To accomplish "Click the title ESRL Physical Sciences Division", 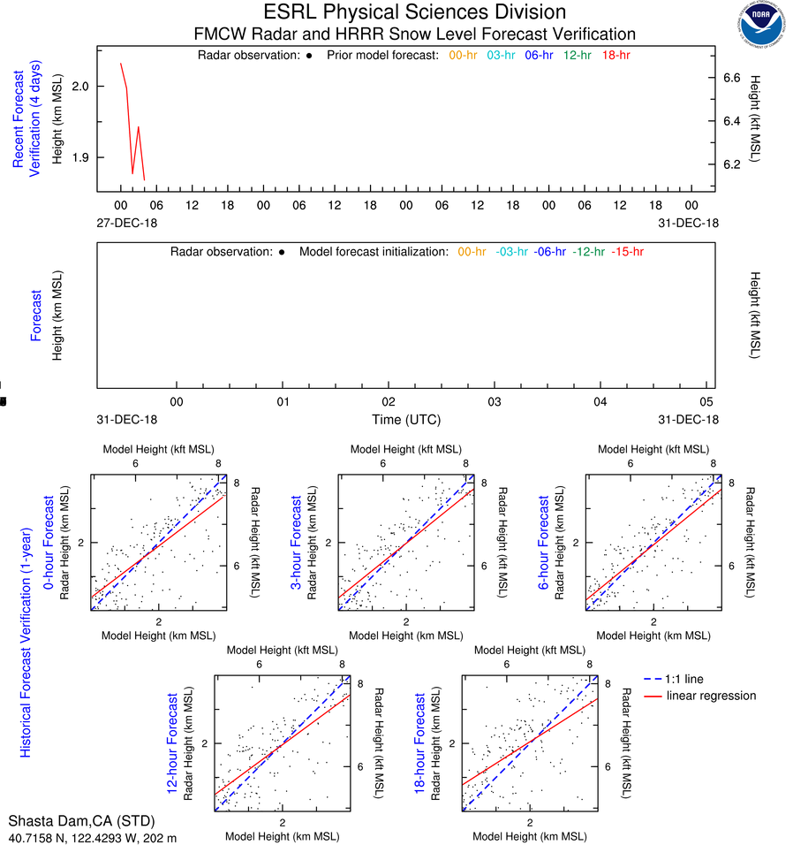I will (x=415, y=12).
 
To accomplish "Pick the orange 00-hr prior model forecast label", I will (x=464, y=55).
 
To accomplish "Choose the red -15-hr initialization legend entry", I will (x=627, y=252).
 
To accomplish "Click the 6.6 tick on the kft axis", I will (x=731, y=78).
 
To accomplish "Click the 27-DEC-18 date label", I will (x=127, y=223).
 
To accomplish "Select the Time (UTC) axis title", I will (x=406, y=419).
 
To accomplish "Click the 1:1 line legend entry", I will (x=685, y=679).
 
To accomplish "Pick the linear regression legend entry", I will (x=711, y=696).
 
